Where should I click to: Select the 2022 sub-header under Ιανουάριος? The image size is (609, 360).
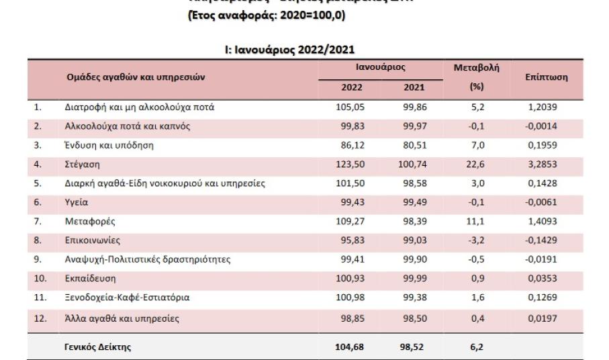(x=352, y=87)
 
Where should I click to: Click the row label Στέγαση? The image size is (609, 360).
(x=81, y=163)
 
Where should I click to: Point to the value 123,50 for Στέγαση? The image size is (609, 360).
(x=350, y=163)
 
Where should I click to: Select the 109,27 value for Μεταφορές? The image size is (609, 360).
(x=350, y=220)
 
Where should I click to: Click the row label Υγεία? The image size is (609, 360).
(x=77, y=201)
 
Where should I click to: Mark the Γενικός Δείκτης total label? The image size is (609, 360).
(x=98, y=347)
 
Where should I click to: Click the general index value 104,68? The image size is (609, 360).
(x=349, y=347)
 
